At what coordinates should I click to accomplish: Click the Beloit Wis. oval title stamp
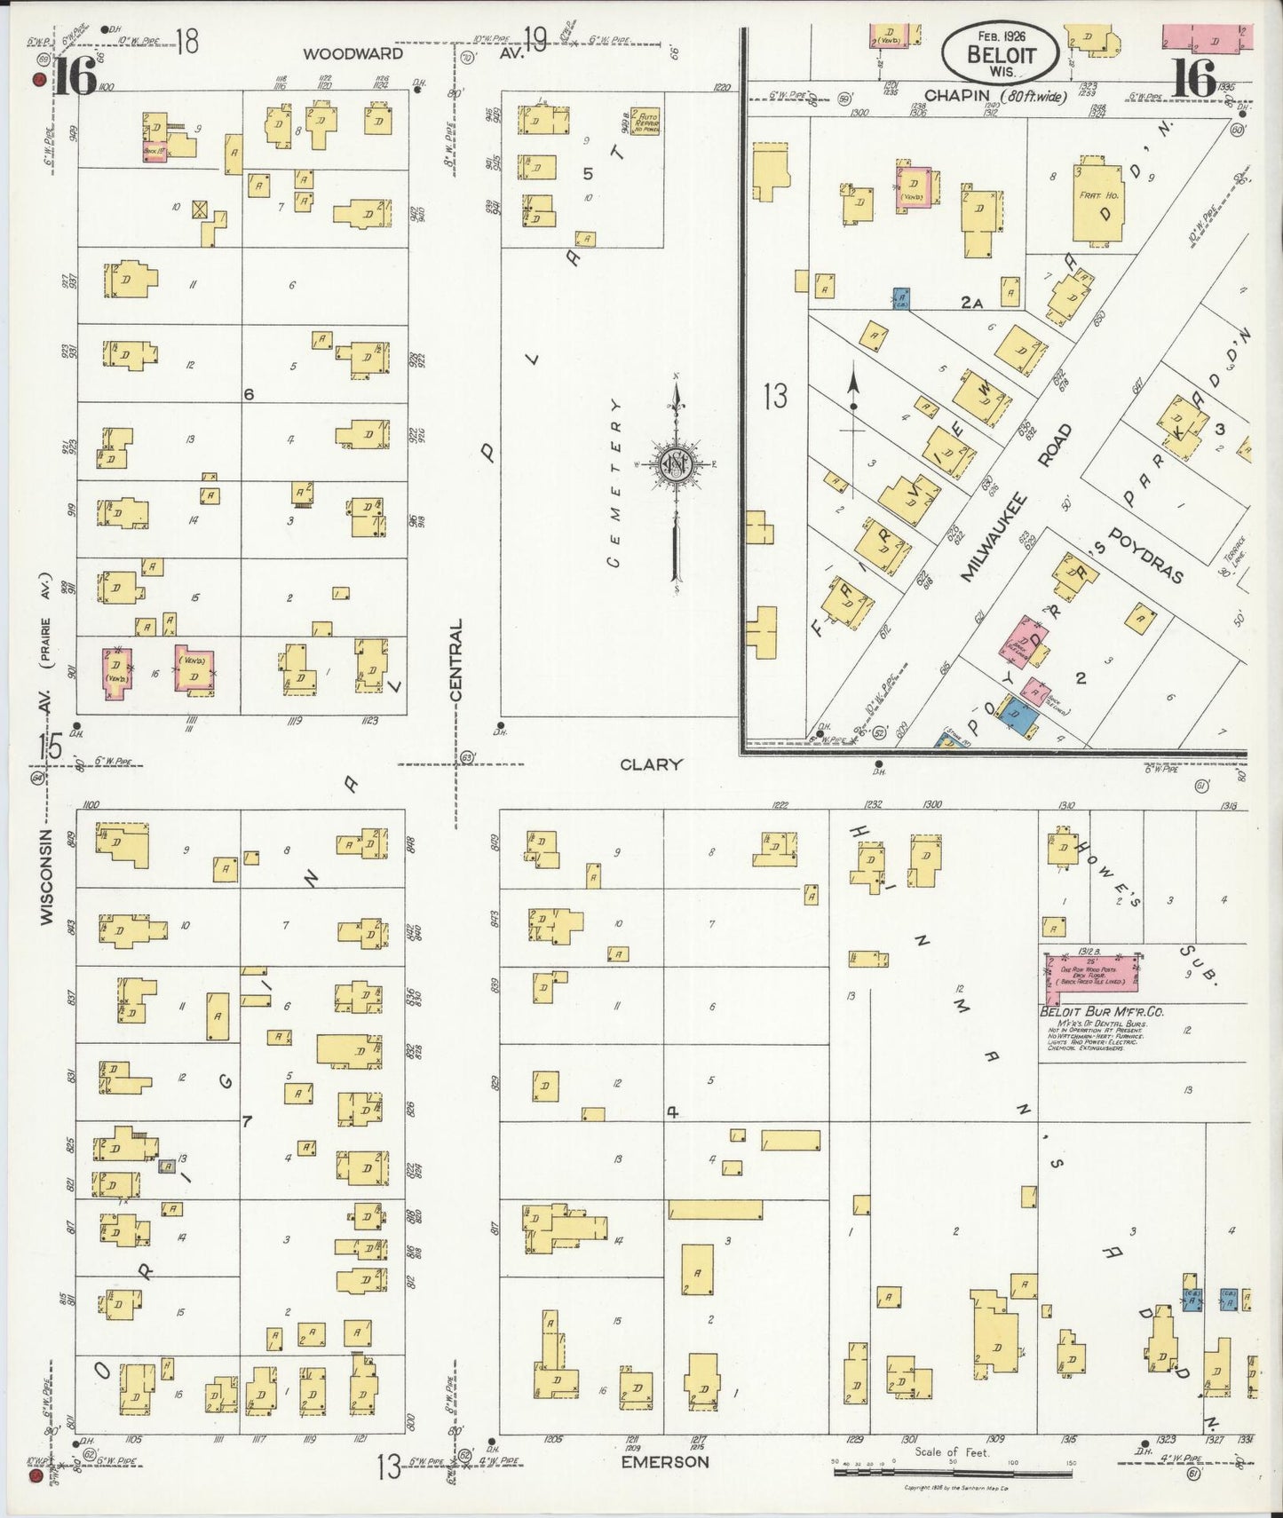click(1001, 52)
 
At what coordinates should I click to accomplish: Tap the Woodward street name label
click(352, 54)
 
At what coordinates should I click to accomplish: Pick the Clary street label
click(651, 764)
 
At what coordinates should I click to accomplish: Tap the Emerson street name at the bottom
click(664, 1461)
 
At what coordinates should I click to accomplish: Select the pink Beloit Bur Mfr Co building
click(1091, 975)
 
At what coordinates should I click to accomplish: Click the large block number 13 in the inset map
click(775, 396)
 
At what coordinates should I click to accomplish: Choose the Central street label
click(456, 661)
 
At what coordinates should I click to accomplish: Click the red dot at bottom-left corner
click(35, 1476)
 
